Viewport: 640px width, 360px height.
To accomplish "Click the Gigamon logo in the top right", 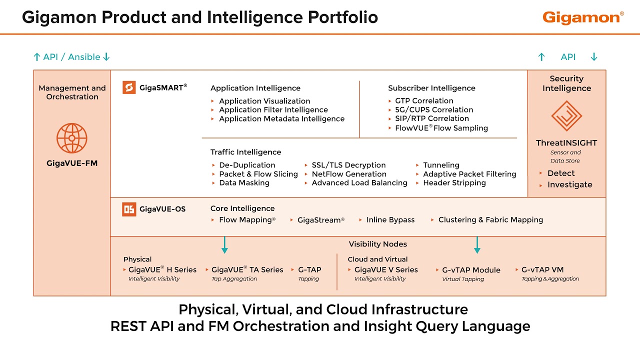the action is (583, 17).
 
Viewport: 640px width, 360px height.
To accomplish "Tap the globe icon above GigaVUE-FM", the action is (71, 138).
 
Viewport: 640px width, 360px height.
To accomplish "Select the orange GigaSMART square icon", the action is (129, 87).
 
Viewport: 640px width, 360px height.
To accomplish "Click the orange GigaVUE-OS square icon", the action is (129, 209).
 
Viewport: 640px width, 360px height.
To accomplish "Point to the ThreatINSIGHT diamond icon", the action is (566, 116).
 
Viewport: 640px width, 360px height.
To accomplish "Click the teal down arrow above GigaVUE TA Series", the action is (224, 245).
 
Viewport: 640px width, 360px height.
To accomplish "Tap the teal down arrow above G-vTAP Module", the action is (477, 245).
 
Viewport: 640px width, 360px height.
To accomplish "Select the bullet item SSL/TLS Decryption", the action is (348, 165).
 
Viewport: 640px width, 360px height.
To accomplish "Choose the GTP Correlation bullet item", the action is (424, 101).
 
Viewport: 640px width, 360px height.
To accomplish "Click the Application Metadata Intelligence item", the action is (281, 119).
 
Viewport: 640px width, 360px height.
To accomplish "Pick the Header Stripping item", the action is (454, 183).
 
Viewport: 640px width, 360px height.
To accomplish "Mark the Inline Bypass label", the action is (390, 219).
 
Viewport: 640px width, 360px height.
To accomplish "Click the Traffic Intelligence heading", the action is (245, 152).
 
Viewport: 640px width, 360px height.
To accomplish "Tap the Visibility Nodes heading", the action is (377, 244).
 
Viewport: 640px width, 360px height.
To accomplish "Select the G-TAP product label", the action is (309, 269).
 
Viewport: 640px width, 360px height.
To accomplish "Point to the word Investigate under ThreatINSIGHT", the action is (569, 185).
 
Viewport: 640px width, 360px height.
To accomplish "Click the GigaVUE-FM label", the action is (72, 163).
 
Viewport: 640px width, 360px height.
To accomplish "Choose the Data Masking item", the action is (244, 183).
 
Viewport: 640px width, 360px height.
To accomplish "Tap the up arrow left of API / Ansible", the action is (37, 57).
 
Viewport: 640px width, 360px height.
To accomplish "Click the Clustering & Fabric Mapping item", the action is (490, 219).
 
